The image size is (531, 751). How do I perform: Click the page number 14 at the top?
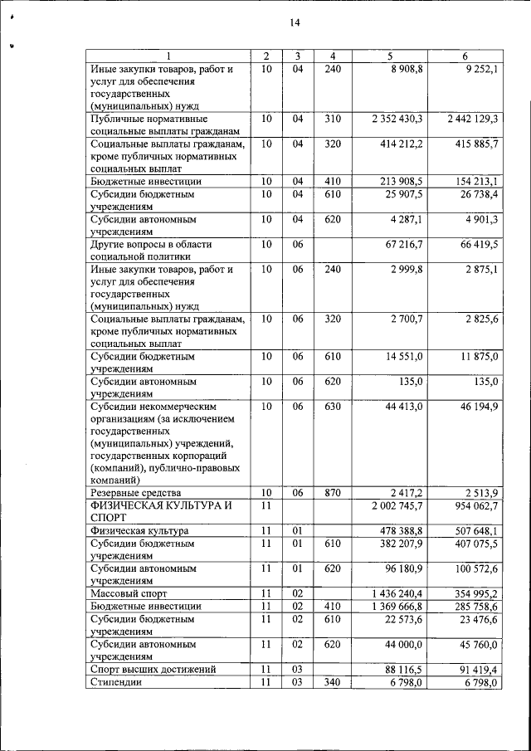[294, 23]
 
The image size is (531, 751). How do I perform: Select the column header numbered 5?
[389, 56]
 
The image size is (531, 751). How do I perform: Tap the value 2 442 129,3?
[471, 119]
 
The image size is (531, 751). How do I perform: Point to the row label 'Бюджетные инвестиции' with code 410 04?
[145, 181]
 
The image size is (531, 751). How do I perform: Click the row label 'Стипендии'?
[114, 681]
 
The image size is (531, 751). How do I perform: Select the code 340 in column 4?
[332, 681]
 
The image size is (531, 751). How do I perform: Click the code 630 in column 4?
[332, 407]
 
